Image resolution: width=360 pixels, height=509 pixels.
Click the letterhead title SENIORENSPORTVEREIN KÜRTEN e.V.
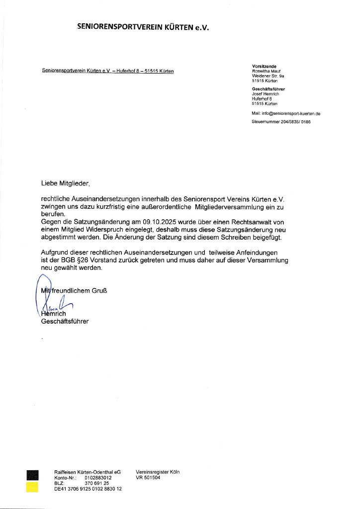tap(143, 28)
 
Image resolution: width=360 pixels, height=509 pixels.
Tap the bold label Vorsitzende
tap(264, 66)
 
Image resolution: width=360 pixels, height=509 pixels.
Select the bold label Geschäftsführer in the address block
tap(268, 89)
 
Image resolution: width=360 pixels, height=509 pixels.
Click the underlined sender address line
tap(108, 71)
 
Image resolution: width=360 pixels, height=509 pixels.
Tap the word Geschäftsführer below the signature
tap(65, 322)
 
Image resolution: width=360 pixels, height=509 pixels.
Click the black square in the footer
tap(32, 475)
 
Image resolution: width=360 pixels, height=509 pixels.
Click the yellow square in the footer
tap(32, 487)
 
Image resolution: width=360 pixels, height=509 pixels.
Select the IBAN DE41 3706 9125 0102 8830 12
tap(88, 489)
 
